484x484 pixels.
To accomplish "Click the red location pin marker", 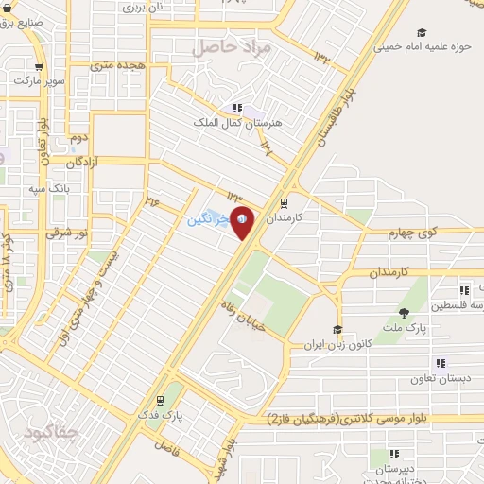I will click(x=242, y=221).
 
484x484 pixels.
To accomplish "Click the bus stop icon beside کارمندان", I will click(x=284, y=202).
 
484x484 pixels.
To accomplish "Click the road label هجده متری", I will click(x=115, y=66).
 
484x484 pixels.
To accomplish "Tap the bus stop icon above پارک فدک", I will click(x=162, y=400).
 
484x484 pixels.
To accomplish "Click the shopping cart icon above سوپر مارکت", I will click(x=39, y=67).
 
